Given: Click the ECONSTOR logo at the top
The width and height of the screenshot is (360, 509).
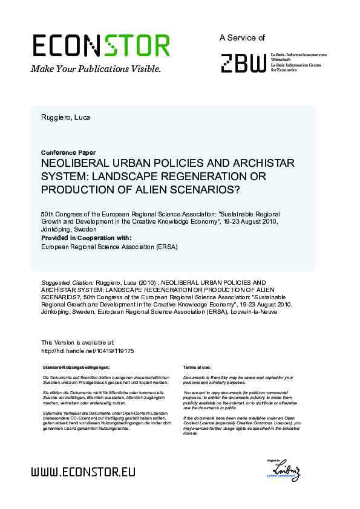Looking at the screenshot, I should (100, 46).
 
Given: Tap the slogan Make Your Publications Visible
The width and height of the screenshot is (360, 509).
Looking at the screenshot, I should (96, 69).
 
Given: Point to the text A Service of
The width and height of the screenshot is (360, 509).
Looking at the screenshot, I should (242, 37).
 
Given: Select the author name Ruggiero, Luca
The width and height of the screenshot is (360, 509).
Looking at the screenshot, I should (65, 117).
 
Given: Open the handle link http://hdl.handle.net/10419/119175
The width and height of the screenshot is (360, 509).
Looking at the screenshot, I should (87, 351).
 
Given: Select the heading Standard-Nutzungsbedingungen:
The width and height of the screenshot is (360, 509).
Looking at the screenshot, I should (77, 368).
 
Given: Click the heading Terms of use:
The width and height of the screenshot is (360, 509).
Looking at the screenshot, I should (196, 368).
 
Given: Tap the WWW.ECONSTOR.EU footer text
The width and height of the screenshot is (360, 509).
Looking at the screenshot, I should (83, 472).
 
